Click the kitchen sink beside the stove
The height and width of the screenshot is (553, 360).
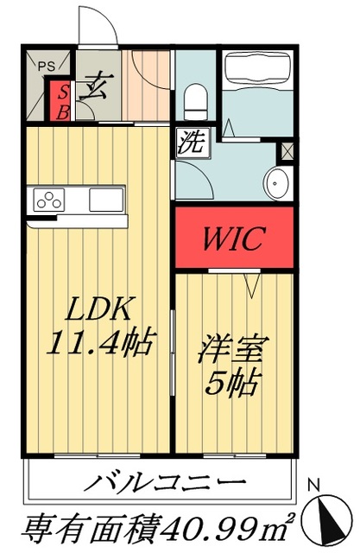(x=105, y=200)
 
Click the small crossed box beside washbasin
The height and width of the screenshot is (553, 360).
(x=287, y=149)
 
